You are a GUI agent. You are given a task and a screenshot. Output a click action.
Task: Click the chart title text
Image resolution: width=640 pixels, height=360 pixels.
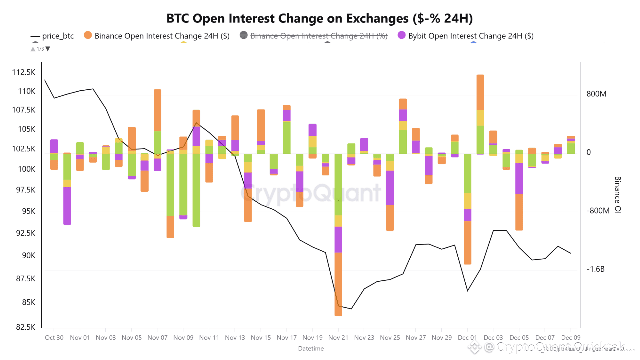(320, 19)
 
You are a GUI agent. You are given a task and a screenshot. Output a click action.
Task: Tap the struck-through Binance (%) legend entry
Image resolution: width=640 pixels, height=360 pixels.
(318, 36)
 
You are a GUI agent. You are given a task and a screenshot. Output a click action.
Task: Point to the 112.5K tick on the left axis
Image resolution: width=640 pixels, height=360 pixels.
(24, 73)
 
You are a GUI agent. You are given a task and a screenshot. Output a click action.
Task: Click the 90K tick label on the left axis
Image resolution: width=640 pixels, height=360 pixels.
(27, 256)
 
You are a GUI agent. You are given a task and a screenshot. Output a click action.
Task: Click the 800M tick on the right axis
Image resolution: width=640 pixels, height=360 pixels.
(596, 94)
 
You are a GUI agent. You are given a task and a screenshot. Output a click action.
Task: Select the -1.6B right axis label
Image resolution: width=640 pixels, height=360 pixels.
(596, 269)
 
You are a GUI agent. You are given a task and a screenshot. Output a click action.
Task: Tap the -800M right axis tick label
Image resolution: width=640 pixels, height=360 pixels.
(597, 211)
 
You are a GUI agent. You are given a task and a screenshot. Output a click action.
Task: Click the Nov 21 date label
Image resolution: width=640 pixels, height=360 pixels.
(338, 338)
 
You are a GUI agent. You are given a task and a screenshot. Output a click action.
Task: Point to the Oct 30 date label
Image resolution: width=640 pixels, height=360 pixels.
(54, 338)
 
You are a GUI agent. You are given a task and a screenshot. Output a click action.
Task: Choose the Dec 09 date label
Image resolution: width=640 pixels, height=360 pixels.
(571, 338)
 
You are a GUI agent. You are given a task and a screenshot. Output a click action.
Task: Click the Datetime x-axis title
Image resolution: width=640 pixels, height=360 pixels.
(311, 348)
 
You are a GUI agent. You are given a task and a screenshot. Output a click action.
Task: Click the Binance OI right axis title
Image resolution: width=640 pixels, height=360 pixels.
(617, 195)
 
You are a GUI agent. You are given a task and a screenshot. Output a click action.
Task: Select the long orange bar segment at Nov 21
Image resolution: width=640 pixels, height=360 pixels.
(338, 284)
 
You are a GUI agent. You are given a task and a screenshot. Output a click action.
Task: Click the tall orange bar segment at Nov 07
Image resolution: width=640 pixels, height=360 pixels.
(157, 110)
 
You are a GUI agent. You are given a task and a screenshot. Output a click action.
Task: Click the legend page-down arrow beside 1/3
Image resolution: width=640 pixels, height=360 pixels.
(48, 49)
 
